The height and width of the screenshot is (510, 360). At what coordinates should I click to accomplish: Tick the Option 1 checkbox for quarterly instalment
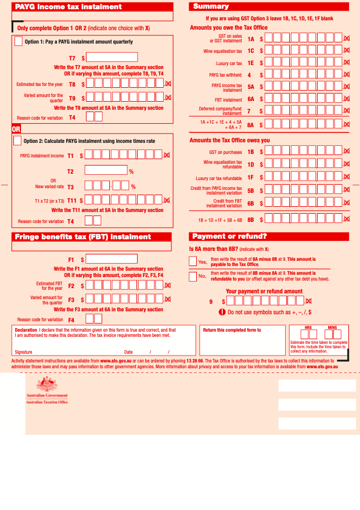coord(19,41)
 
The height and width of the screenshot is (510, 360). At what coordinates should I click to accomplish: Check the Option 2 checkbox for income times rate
coord(17,141)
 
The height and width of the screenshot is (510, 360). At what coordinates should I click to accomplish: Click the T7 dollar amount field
coord(112,58)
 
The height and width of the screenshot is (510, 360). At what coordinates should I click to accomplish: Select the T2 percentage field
coord(106,170)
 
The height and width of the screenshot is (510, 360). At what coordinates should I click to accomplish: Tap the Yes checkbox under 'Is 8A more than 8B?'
coord(193,261)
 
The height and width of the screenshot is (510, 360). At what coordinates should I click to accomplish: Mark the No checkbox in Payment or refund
coord(193,276)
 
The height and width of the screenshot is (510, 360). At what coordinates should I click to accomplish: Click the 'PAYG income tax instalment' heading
coord(69,7)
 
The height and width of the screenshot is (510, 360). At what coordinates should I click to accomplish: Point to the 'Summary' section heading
coord(211,6)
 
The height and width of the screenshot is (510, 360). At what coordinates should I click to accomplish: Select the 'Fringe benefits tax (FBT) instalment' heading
coord(82,236)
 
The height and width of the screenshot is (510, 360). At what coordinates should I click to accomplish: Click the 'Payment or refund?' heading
coord(229,236)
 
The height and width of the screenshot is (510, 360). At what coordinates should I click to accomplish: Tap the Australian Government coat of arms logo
coord(46,385)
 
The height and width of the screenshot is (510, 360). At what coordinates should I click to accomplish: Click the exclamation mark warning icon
coord(222,312)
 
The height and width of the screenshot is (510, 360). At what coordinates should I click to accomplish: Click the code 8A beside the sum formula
coord(250,125)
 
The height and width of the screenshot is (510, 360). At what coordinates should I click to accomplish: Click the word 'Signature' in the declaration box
coord(24,352)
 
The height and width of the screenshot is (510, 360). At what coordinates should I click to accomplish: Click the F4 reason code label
coord(71,319)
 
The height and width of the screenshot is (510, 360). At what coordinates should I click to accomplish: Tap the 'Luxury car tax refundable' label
coord(219,178)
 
